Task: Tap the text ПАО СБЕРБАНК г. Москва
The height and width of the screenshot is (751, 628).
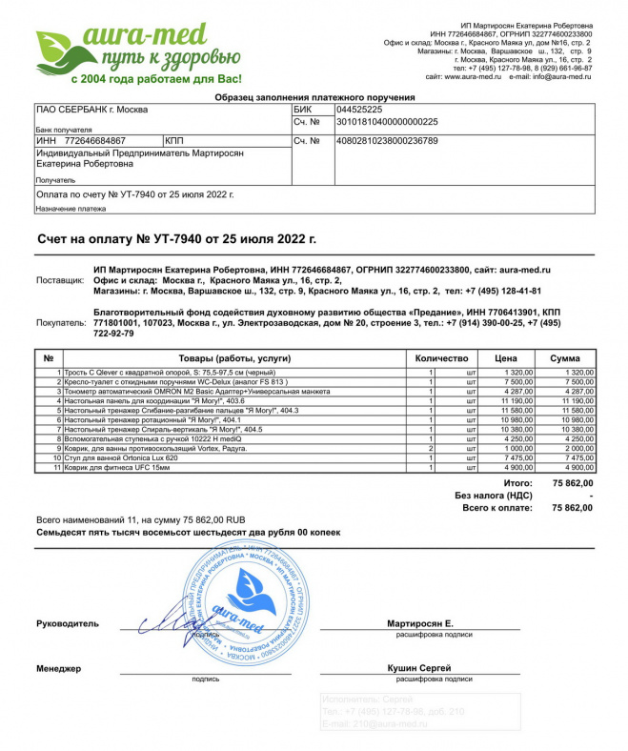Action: coord(91,110)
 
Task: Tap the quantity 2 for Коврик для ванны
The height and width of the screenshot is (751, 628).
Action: coord(432,448)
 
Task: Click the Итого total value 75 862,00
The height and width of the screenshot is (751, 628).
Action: coord(572,483)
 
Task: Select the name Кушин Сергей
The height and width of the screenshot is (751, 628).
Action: coord(419,668)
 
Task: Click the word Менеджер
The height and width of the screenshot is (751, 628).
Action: coord(59,669)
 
